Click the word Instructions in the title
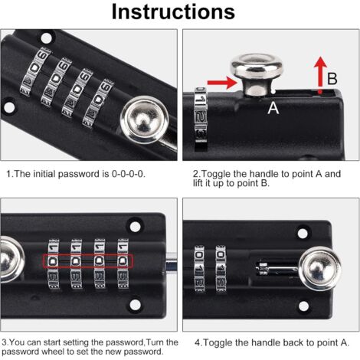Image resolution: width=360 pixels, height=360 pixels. click(x=173, y=12)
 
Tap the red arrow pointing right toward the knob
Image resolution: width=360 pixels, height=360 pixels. click(x=222, y=83)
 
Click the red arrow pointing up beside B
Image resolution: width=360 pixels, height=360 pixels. click(x=321, y=74)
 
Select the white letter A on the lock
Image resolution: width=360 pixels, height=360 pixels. click(x=273, y=107)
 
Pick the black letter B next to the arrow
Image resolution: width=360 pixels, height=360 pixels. click(x=332, y=79)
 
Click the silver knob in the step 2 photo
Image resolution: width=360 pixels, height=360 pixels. click(x=257, y=74)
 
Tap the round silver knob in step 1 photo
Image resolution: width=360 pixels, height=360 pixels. click(x=145, y=119)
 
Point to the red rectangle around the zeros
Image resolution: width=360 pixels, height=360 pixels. click(x=88, y=261)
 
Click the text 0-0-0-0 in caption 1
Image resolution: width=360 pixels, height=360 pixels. click(x=129, y=174)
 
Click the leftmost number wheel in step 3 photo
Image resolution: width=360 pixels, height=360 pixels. click(x=54, y=264)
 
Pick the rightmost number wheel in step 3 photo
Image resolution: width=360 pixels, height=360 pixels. click(x=123, y=264)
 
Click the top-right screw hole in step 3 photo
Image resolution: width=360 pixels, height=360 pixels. click(x=135, y=226)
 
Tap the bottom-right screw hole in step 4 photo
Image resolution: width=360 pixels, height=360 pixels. click(x=303, y=306)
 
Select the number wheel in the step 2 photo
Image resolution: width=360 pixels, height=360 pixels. click(x=201, y=119)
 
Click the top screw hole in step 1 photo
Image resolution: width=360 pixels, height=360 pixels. click(x=47, y=38)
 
